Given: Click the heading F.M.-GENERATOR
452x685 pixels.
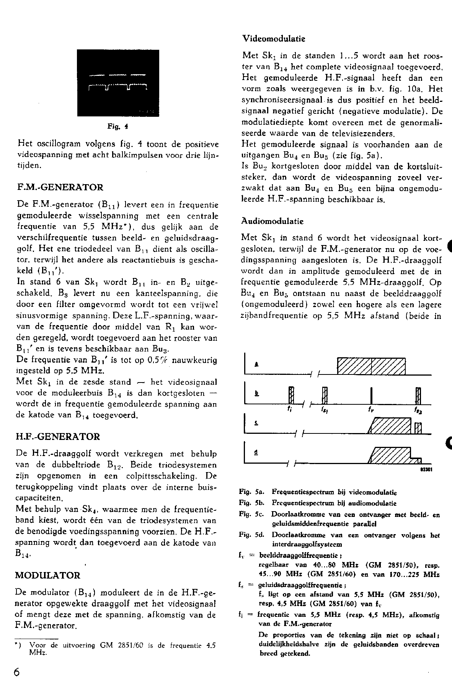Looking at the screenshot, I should point(60,188).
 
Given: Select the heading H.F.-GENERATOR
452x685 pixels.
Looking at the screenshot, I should point(57,437).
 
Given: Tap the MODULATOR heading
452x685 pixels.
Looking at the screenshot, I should point(48,575).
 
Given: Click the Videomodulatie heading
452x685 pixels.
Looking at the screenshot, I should point(274,39).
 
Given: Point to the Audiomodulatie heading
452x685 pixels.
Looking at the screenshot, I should point(273,221).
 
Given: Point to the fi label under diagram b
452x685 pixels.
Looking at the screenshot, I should point(290,409).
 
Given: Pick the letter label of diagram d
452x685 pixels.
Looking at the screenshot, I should point(256,452).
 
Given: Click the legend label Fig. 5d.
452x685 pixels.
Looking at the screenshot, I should point(250,535).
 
